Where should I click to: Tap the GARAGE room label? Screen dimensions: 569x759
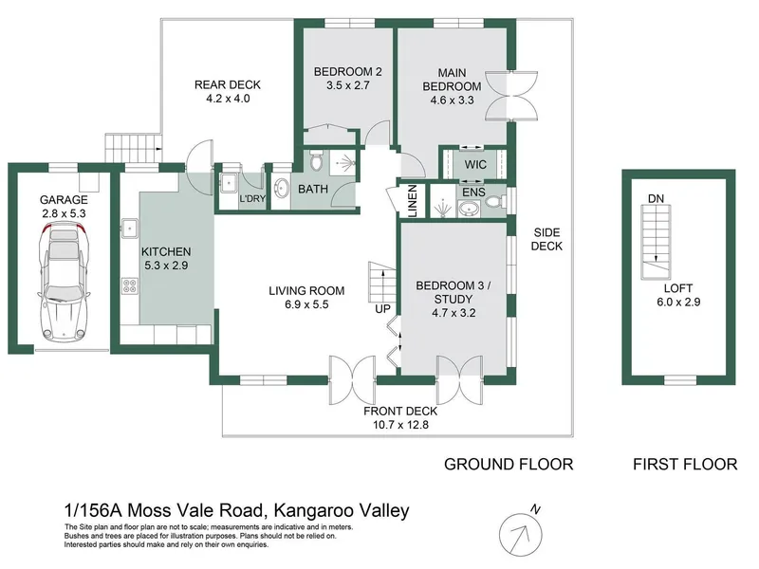point(64,200)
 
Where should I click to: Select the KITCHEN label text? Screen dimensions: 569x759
point(166,251)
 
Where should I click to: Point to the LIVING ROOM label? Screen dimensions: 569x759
point(305,291)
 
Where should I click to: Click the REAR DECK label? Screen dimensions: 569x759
point(228,85)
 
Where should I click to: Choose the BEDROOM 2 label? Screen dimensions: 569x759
point(346,71)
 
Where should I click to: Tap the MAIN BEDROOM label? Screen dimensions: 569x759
point(458,73)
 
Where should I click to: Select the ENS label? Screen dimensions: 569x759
point(473,193)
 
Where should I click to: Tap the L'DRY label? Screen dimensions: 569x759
point(251,199)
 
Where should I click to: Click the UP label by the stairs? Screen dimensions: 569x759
point(382,309)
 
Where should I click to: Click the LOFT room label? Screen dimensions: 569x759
point(677,286)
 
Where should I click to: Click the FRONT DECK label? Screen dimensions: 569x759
point(401,411)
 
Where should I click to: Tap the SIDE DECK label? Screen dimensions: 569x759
point(547,238)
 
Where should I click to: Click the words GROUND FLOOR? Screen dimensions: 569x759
point(509,465)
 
